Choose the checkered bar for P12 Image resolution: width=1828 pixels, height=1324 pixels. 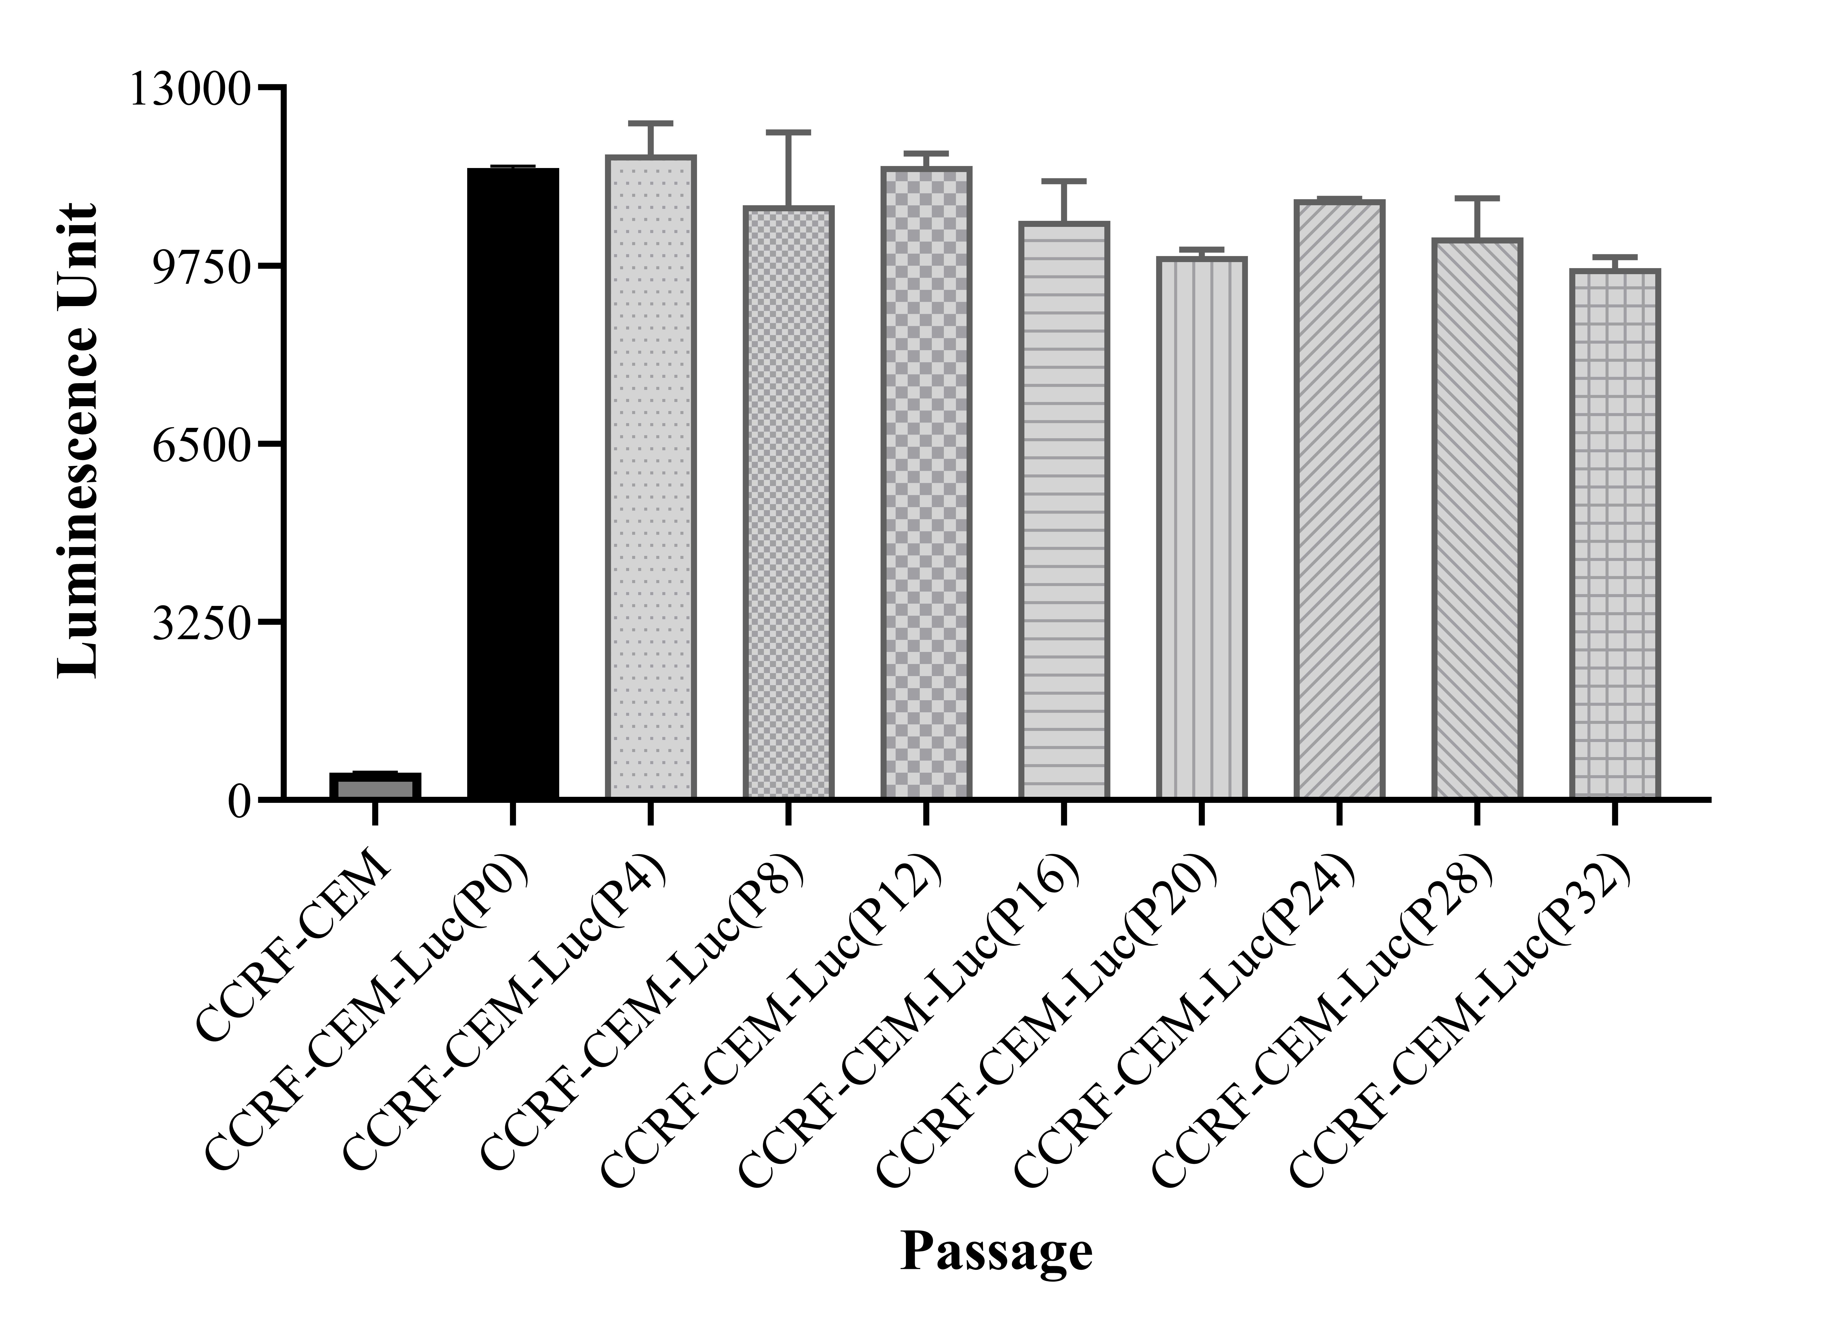pyautogui.click(x=926, y=484)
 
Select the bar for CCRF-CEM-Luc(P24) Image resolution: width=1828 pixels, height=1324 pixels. pyautogui.click(x=1339, y=500)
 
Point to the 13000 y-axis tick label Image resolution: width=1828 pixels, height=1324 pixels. pyautogui.click(x=190, y=89)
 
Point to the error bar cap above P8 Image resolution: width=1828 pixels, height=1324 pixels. pyautogui.click(x=788, y=132)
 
